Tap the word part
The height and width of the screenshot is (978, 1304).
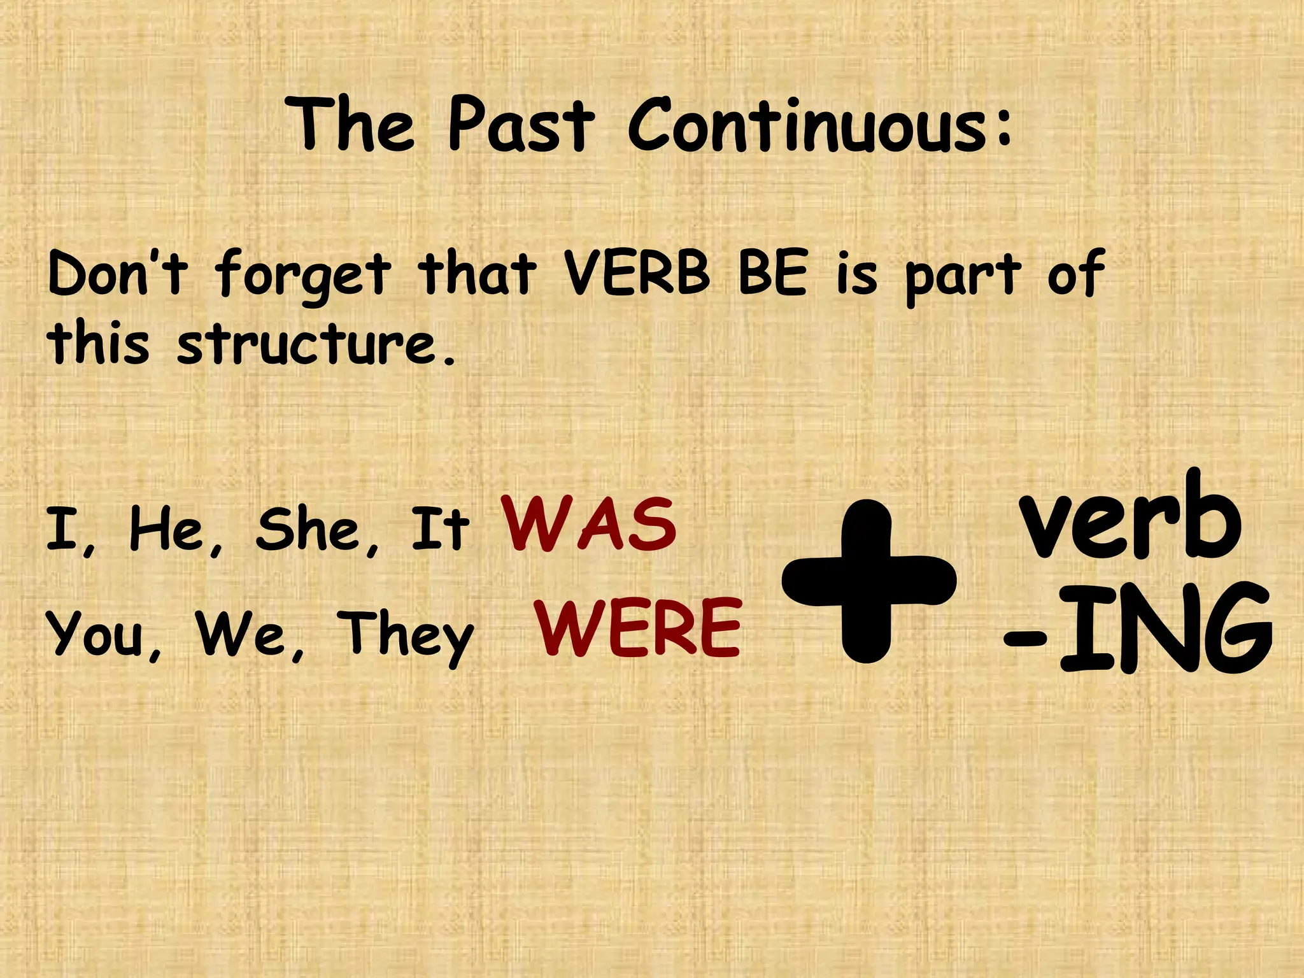(963, 277)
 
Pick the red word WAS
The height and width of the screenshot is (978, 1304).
(589, 525)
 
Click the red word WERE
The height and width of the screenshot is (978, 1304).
(639, 628)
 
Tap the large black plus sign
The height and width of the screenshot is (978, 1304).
(868, 581)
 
